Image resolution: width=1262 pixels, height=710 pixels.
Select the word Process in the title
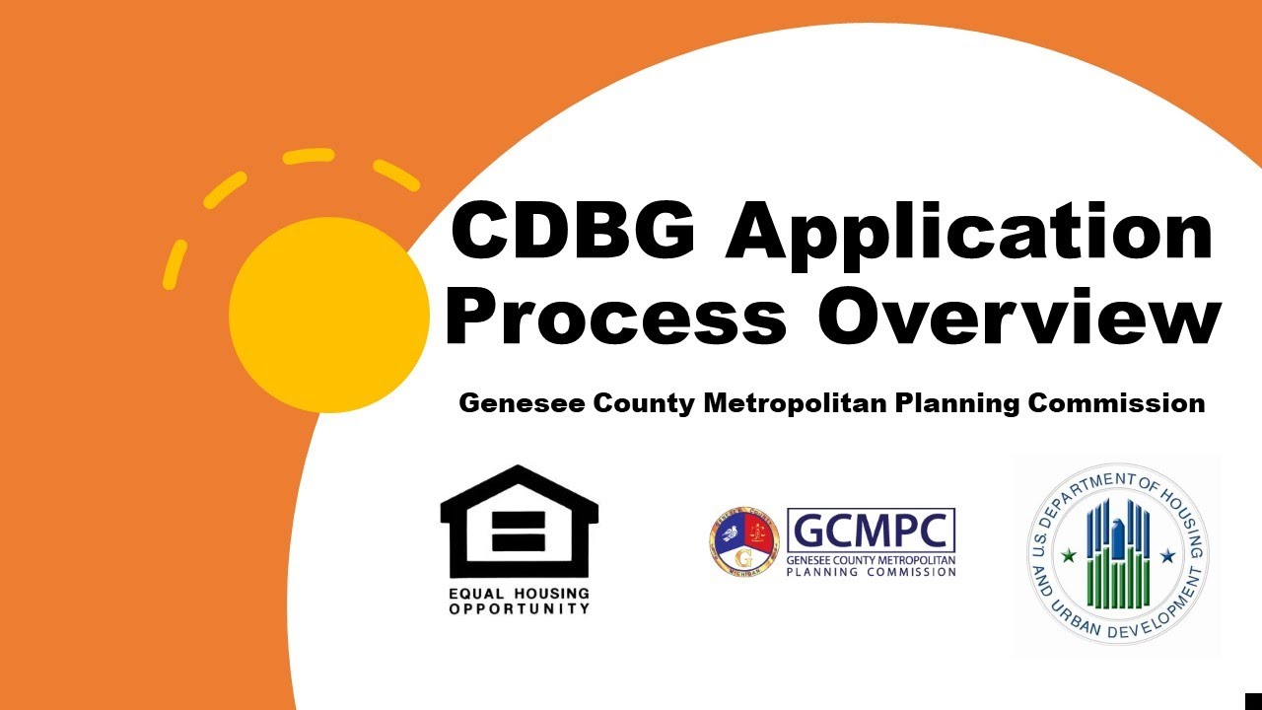tap(615, 317)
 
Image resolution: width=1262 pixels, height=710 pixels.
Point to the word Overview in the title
tap(1019, 317)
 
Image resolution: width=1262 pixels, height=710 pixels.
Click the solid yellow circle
tap(328, 315)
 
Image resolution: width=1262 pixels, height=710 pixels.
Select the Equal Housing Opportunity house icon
tap(519, 522)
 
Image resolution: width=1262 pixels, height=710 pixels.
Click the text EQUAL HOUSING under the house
tap(519, 594)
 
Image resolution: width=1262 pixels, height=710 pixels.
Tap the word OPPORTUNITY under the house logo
tap(519, 608)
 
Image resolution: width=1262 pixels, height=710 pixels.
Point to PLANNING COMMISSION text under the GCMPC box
tap(871, 571)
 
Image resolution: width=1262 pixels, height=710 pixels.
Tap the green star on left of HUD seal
tap(1067, 556)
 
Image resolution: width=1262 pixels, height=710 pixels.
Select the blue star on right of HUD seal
tap(1167, 556)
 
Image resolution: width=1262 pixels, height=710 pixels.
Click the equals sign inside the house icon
tap(519, 532)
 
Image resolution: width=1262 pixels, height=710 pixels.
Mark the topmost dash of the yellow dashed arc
tap(309, 156)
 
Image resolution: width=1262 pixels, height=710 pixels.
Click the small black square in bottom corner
tap(1253, 701)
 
